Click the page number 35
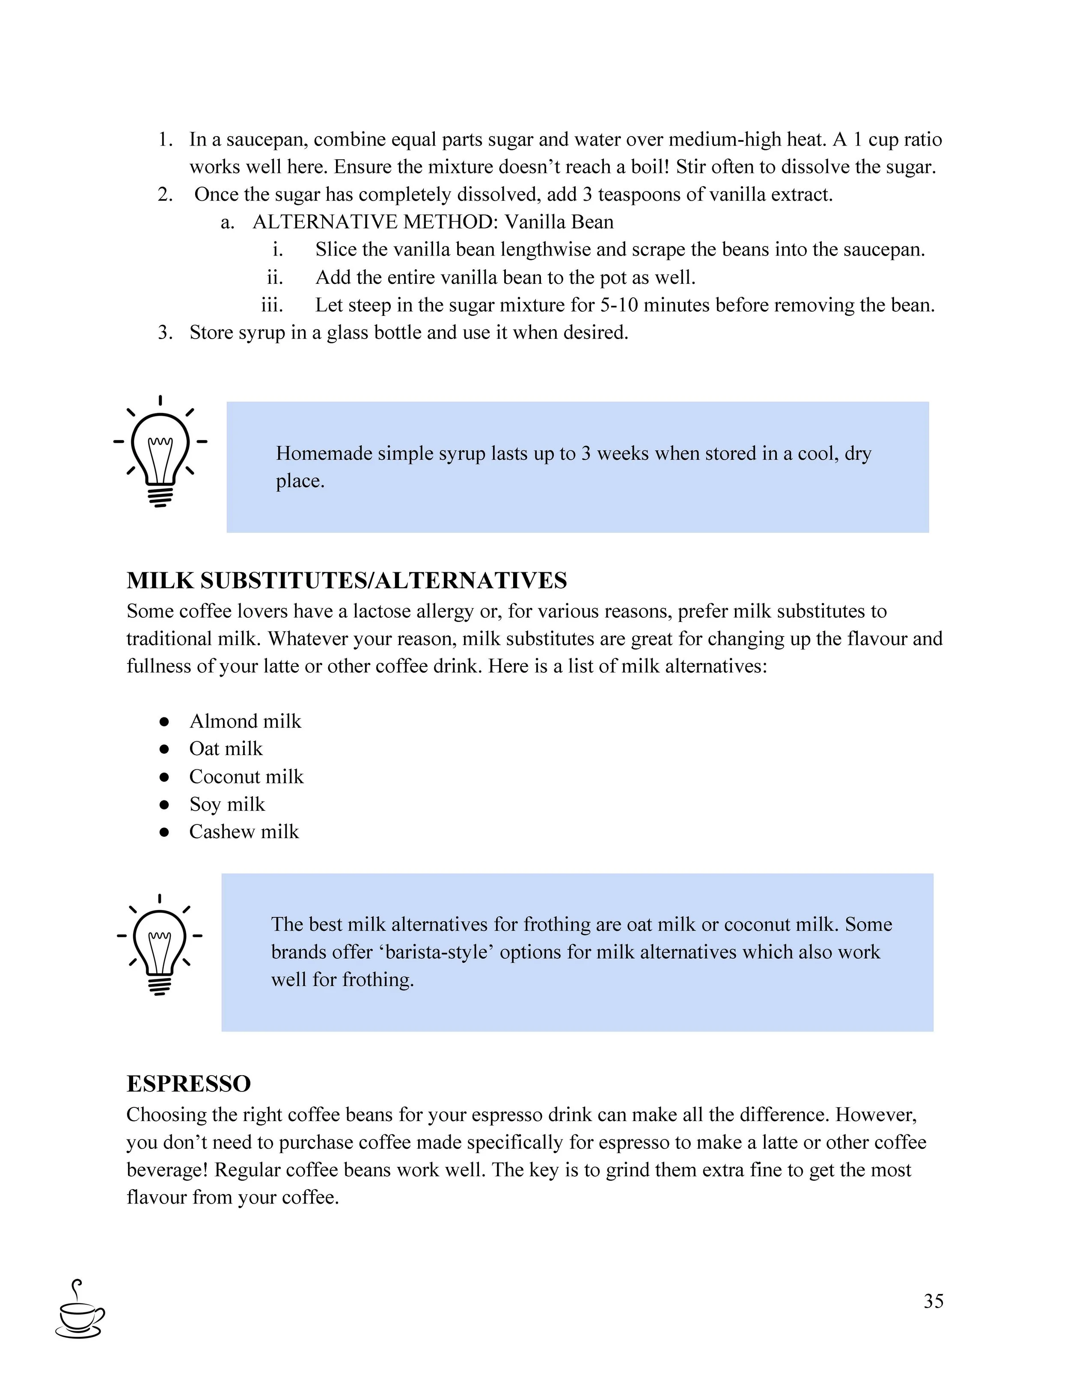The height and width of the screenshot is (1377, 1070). click(x=933, y=1301)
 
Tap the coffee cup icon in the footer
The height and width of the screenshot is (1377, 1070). click(x=80, y=1308)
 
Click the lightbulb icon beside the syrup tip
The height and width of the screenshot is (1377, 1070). click(x=160, y=452)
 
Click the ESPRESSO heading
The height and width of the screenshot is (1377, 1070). click(x=188, y=1084)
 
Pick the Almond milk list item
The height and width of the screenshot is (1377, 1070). click(x=245, y=721)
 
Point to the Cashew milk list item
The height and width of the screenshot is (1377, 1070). click(x=244, y=832)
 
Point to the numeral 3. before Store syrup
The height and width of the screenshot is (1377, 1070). click(x=165, y=332)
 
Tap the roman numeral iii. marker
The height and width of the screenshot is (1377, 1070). click(x=272, y=305)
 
